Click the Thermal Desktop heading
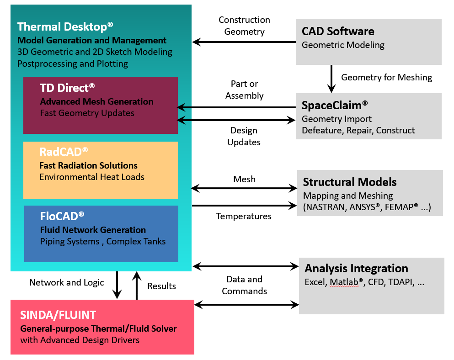tap(65, 26)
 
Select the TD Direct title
tap(67, 88)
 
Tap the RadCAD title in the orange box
tap(64, 152)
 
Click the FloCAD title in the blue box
tap(62, 216)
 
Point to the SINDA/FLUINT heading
tap(58, 315)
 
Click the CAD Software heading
tap(338, 31)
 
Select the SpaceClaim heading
tap(334, 106)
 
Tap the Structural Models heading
tap(349, 182)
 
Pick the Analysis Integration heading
tap(356, 268)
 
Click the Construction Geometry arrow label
tap(244, 26)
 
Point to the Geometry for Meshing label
tap(386, 77)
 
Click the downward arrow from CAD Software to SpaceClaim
tap(331, 79)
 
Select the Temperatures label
tap(244, 216)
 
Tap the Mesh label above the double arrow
tap(244, 179)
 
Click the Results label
tap(161, 286)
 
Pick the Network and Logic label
tap(67, 282)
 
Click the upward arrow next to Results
tap(137, 286)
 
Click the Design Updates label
tap(244, 136)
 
